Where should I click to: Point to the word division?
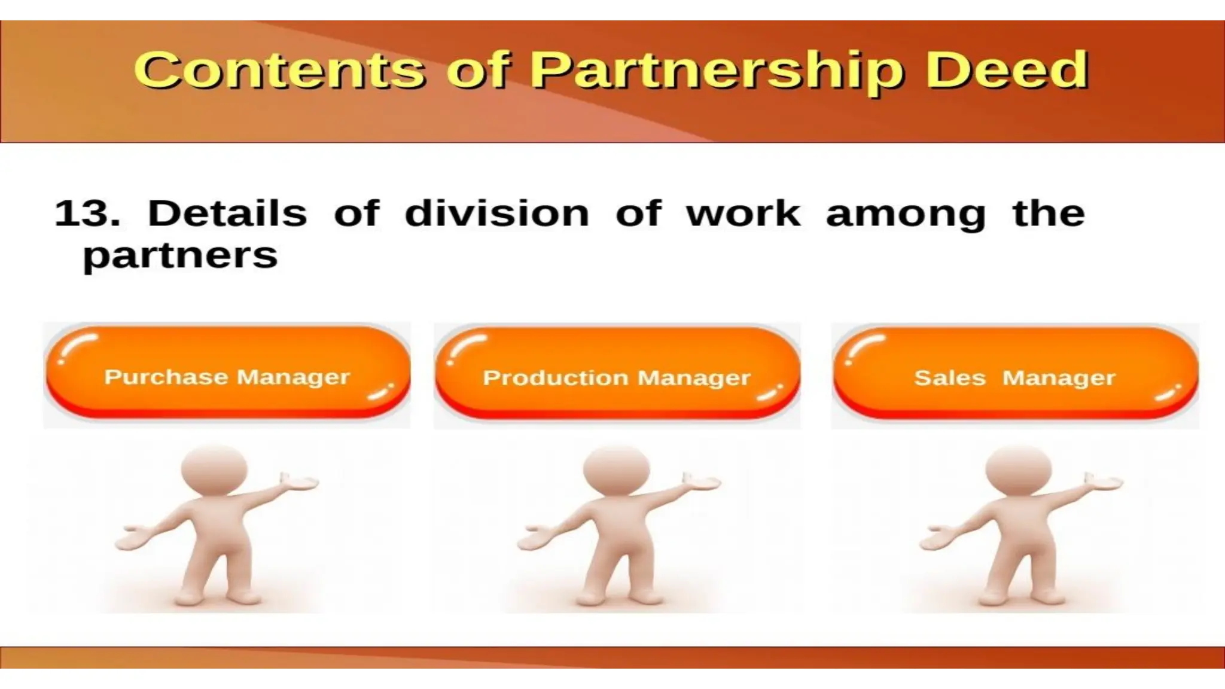pyautogui.click(x=496, y=214)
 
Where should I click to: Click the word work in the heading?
pyautogui.click(x=743, y=214)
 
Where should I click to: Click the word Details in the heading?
pyautogui.click(x=227, y=214)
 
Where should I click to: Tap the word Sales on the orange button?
pyautogui.click(x=949, y=378)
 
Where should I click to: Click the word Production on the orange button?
pyautogui.click(x=556, y=378)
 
